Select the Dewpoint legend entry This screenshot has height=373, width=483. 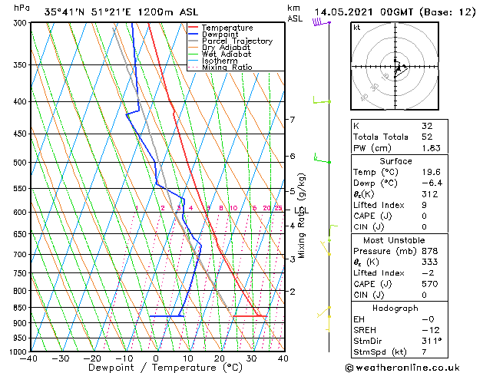tap(225, 35)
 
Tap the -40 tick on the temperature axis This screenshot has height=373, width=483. tap(30, 358)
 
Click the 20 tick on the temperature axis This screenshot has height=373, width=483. tap(220, 358)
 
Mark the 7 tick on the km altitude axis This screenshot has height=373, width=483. tap(292, 120)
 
